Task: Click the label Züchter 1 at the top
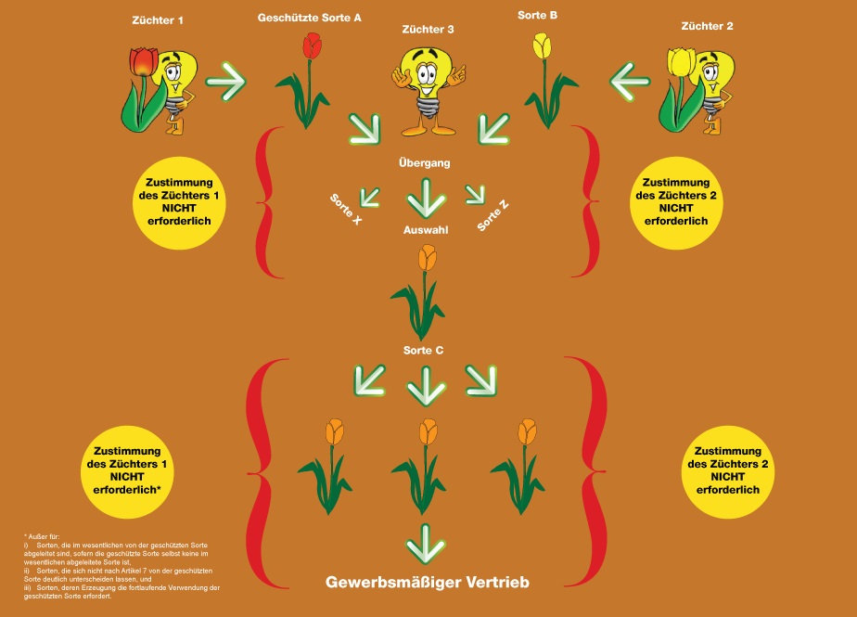(158, 20)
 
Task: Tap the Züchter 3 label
(428, 30)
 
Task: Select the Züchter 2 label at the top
(707, 25)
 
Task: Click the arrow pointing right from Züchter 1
(225, 82)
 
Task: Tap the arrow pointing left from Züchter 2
(631, 81)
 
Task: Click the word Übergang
(425, 162)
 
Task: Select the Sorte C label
(424, 350)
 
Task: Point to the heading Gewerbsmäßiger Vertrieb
(427, 583)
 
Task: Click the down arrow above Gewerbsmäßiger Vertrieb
(426, 544)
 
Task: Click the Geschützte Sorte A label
(309, 18)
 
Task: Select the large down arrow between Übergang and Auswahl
(426, 196)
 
